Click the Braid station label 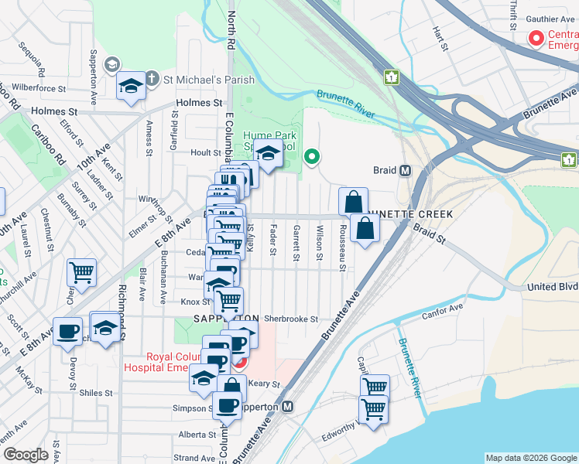[x=385, y=169]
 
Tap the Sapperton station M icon [x=287, y=406]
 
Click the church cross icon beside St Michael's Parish [x=152, y=78]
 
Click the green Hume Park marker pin [x=312, y=157]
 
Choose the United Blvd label [x=553, y=286]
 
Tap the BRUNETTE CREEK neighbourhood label [x=407, y=213]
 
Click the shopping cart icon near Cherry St [x=81, y=272]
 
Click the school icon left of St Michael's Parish [x=131, y=87]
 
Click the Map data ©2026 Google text [x=530, y=458]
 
